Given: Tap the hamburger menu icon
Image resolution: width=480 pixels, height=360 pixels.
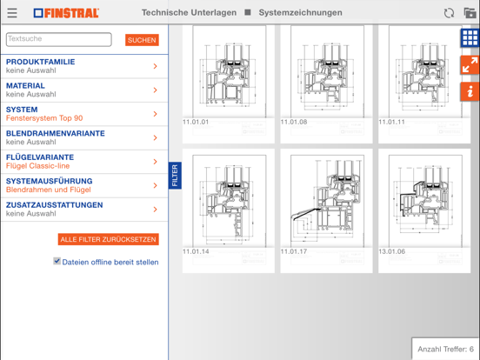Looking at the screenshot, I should coord(12,13).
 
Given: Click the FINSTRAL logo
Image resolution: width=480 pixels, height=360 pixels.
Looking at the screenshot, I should coord(67,13).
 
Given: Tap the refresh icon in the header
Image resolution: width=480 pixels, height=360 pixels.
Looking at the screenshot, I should coord(449,13).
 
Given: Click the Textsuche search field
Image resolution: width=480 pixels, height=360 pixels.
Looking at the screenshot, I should coord(59,39).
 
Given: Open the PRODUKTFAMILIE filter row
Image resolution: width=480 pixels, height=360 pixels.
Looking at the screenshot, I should coord(83,66).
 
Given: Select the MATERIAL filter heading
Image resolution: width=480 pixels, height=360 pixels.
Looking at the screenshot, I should coord(26,86).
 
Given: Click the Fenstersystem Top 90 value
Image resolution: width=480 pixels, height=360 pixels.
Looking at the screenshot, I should coord(44,118).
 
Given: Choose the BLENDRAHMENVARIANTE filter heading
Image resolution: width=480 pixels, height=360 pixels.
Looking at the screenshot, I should coord(55,134).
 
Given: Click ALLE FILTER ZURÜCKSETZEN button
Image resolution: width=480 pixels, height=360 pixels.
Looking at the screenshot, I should coord(109,239).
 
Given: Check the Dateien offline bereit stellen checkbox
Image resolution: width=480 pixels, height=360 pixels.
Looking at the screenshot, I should coord(57,261).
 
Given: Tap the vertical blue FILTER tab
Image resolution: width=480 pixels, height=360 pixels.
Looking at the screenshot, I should coord(175,176).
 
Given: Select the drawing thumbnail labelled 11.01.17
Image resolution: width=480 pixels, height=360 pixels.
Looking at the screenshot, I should coord(326,202).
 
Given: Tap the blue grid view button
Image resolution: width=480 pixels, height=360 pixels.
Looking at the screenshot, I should coord(470,38).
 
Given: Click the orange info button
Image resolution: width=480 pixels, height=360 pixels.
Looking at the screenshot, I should coord(470,91).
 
